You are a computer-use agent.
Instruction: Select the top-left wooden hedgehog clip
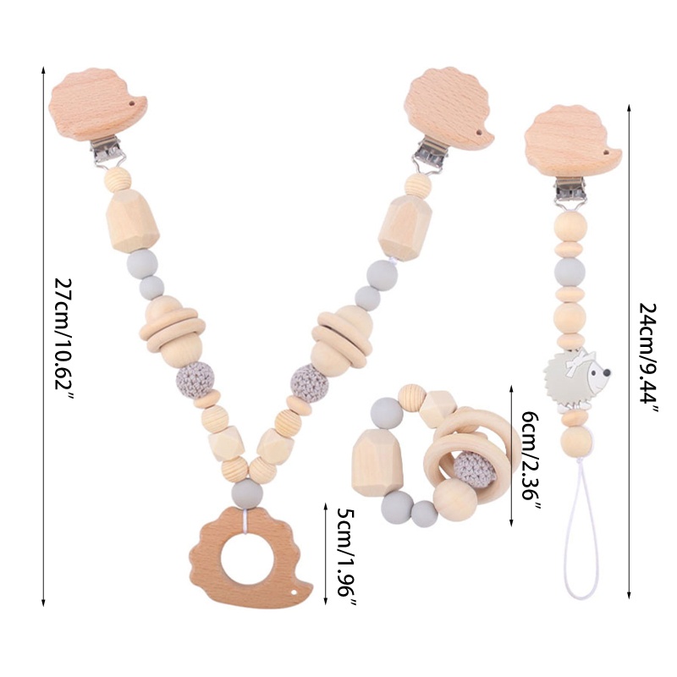pyautogui.click(x=97, y=109)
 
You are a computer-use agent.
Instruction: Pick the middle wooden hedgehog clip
pyautogui.click(x=448, y=109)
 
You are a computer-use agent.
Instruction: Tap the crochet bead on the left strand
pyautogui.click(x=192, y=382)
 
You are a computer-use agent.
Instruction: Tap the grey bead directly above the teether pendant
pyautogui.click(x=243, y=493)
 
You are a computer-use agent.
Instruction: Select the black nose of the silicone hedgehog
pyautogui.click(x=607, y=372)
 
